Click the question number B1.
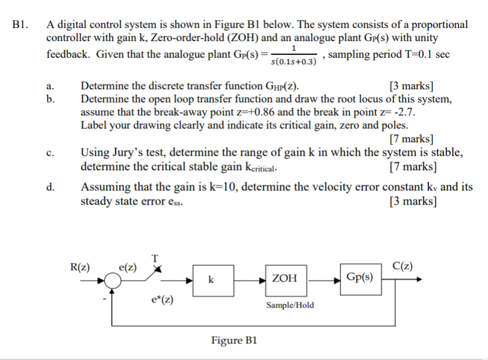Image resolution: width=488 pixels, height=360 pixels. click(x=19, y=25)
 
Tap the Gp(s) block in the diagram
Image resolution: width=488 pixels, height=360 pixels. click(x=359, y=277)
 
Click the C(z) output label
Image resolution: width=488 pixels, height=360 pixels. click(x=403, y=265)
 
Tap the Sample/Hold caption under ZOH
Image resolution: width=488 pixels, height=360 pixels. click(x=290, y=305)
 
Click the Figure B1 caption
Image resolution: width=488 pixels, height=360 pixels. click(x=234, y=340)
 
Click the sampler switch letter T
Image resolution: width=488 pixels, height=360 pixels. click(x=155, y=258)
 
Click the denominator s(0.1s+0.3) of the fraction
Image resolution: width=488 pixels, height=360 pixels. click(x=293, y=62)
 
